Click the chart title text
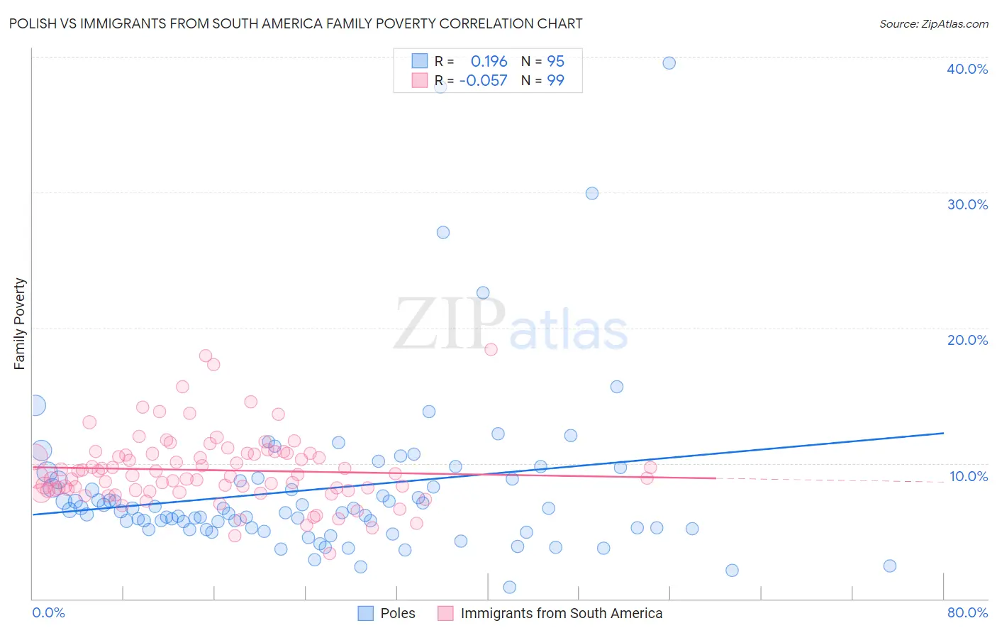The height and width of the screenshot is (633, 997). pos(296,24)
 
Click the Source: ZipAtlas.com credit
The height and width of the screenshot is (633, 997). pos(933,24)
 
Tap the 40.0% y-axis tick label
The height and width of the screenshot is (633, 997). pos(967,69)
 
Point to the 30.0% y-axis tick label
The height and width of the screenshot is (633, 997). pos(967,204)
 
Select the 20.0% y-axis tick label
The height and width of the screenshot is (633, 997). pos(967,340)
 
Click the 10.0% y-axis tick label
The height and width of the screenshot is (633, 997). pos(968,476)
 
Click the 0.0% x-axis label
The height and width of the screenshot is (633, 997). pos(48,612)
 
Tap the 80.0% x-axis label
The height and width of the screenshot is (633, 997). pos(967,612)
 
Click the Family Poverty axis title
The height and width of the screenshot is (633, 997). pos(20,324)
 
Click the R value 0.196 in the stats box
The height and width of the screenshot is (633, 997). pos(489,62)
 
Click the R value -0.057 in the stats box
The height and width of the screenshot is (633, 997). pos(484,81)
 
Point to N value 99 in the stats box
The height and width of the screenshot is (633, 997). pos(555,81)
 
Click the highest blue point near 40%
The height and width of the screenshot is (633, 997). pos(669,63)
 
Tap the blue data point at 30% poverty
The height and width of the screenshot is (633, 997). pos(592,193)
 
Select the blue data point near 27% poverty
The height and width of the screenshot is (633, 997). pos(443,232)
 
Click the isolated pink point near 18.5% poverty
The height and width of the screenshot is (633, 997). pos(491,349)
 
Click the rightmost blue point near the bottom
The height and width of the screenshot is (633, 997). pos(890,566)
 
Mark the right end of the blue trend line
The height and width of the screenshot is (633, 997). pos(943,433)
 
